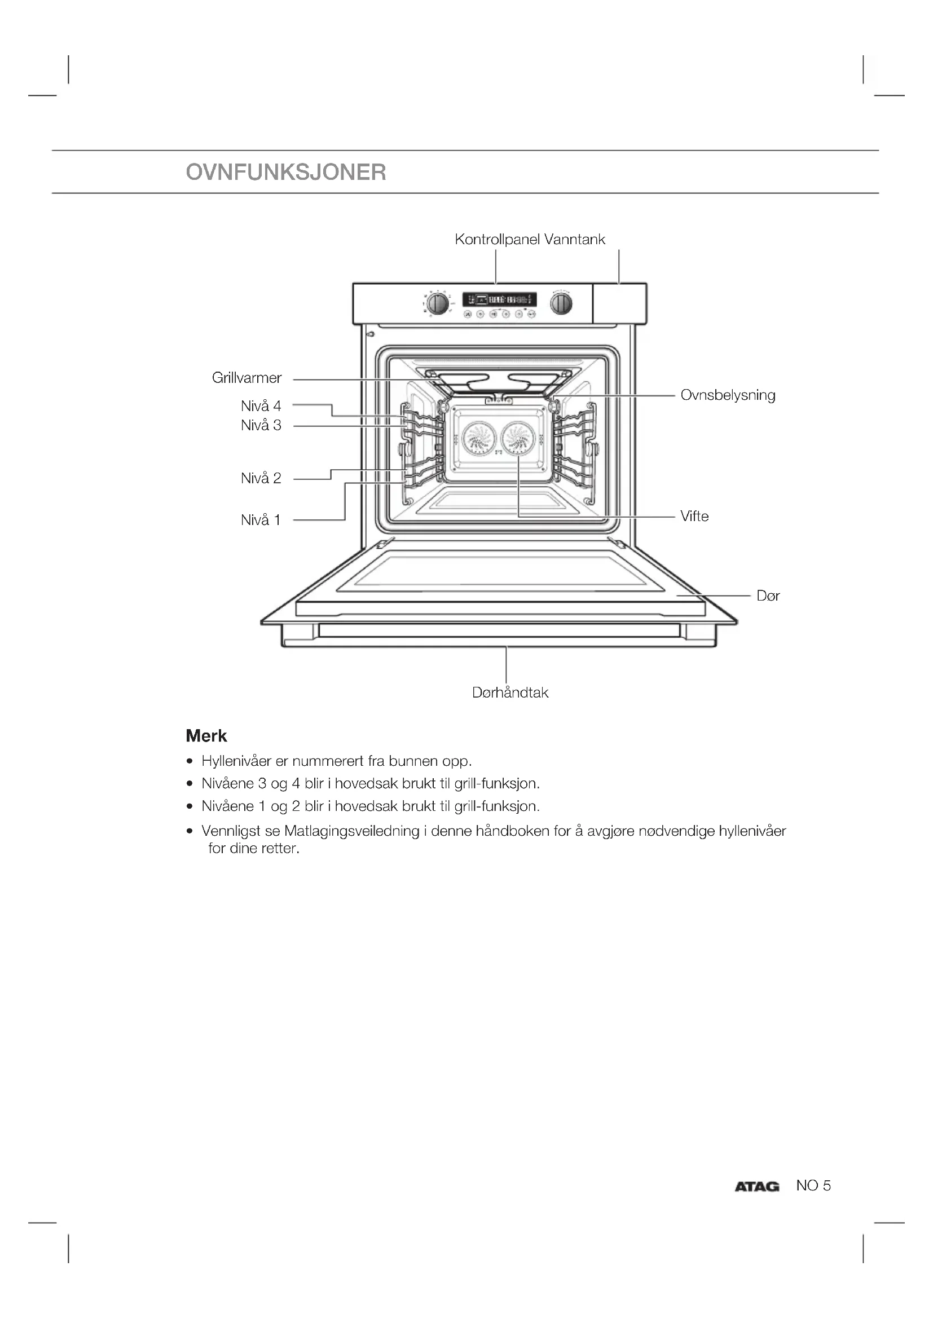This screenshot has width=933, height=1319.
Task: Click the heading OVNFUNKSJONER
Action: point(286,173)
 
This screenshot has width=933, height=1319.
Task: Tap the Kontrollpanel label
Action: point(498,239)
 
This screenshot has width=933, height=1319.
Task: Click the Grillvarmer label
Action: point(247,378)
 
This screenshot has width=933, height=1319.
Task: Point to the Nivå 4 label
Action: point(261,406)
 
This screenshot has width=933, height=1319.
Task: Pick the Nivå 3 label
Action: point(261,426)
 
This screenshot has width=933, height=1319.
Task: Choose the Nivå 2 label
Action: point(261,478)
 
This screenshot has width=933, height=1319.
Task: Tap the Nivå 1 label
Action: point(261,520)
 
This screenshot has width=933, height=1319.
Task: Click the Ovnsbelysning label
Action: point(727,395)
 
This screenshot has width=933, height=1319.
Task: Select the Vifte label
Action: point(694,516)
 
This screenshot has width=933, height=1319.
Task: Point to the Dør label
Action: point(768,595)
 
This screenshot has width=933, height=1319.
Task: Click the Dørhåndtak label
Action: point(510,692)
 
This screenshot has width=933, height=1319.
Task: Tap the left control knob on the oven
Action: point(438,303)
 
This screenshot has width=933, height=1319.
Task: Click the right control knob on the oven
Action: point(561,303)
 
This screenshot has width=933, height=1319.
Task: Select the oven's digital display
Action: point(499,299)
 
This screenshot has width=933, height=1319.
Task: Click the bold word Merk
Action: point(206,736)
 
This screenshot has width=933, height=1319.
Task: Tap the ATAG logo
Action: point(756,1186)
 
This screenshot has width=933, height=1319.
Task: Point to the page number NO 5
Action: point(813,1185)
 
